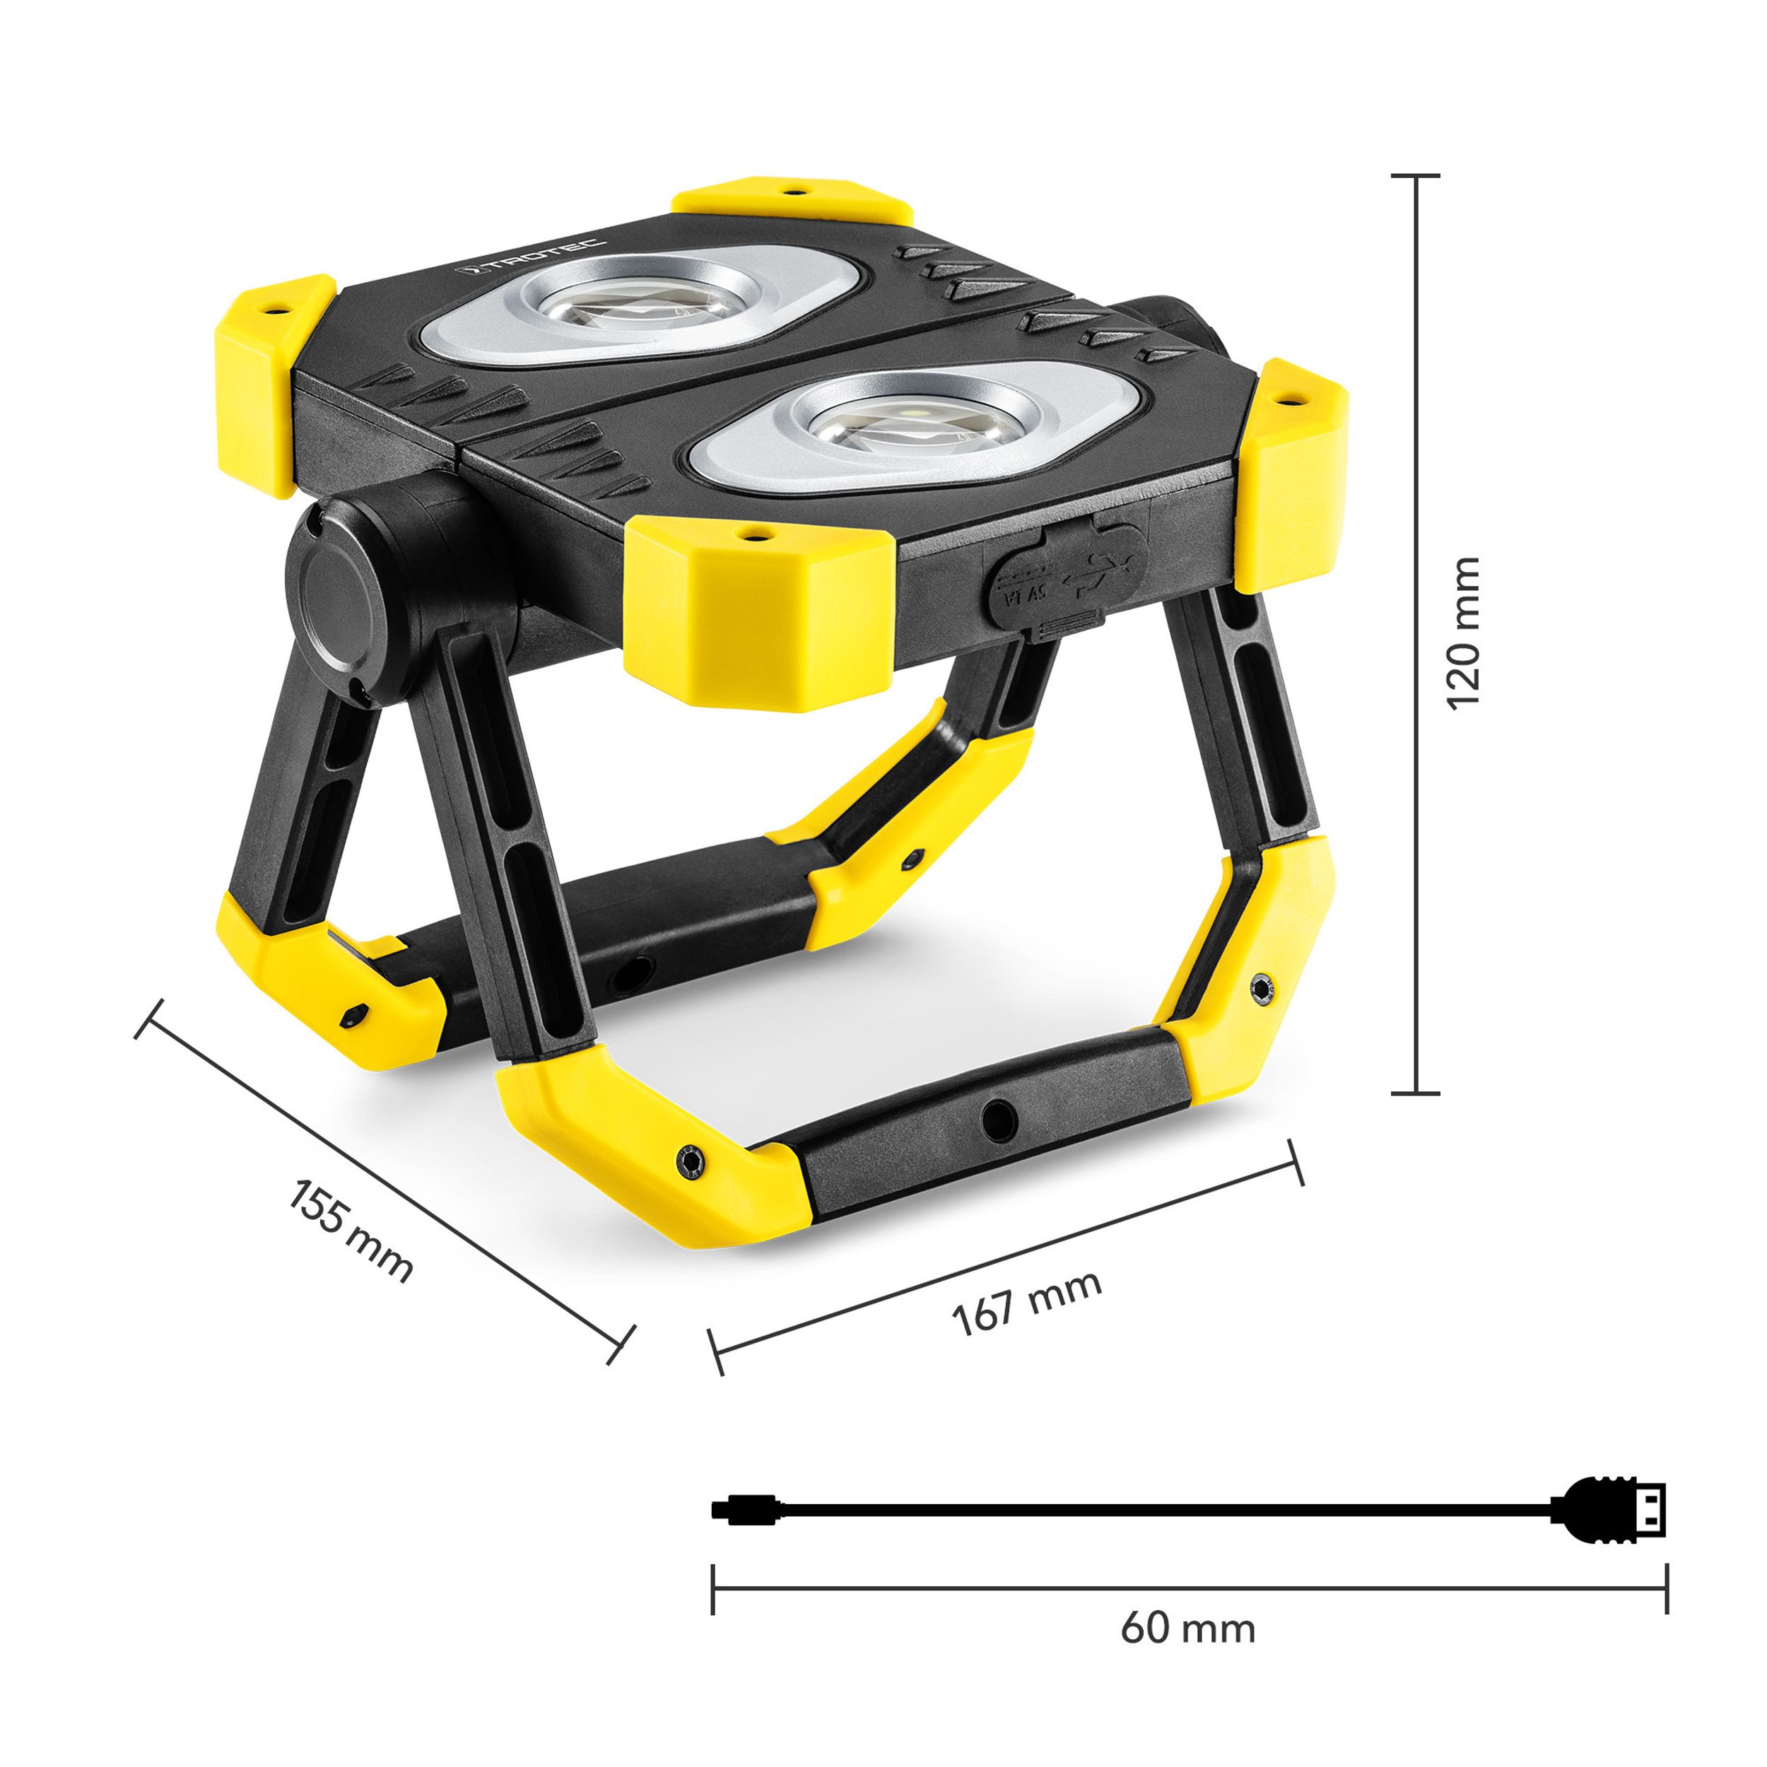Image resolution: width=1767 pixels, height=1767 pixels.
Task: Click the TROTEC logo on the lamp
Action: [532, 257]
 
